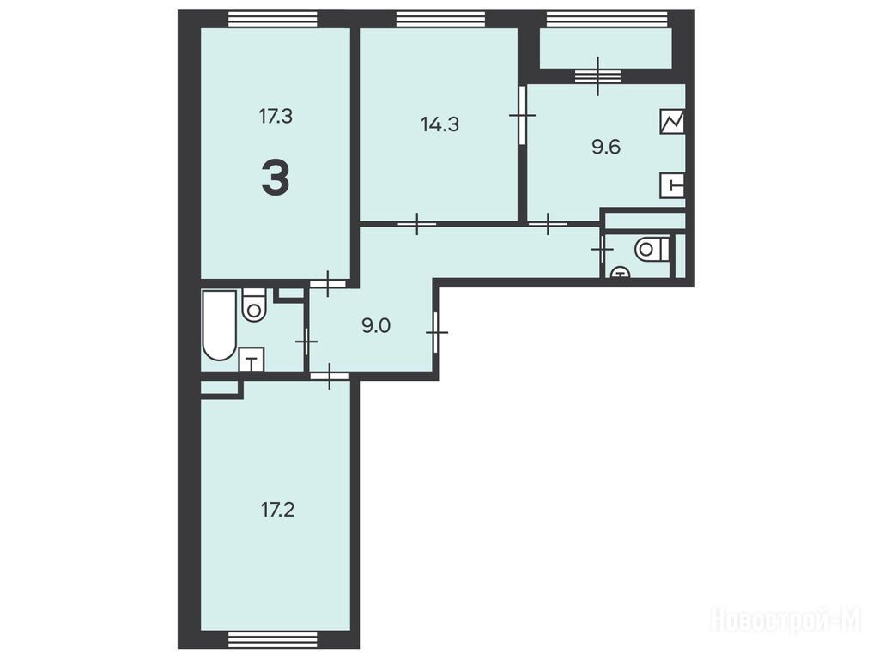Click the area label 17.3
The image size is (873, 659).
click(276, 117)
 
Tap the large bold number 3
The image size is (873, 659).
click(276, 177)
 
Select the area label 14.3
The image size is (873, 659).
click(440, 124)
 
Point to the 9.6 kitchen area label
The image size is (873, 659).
click(606, 148)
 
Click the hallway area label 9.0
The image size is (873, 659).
click(376, 325)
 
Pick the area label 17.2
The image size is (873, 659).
click(277, 510)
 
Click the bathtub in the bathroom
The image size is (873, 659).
click(220, 324)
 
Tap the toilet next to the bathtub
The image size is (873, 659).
click(254, 305)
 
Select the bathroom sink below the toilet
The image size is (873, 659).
click(252, 360)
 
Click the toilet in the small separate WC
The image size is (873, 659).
click(651, 249)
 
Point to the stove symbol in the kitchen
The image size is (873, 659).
click(672, 121)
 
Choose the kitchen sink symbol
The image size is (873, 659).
click(673, 185)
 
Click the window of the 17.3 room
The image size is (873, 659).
click(273, 19)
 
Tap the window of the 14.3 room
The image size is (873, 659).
click(440, 19)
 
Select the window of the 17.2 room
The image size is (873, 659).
click(273, 639)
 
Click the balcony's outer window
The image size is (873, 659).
click(606, 19)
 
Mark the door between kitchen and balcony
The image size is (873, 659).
click(598, 76)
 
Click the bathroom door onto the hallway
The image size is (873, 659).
click(306, 342)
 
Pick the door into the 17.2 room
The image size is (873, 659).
click(330, 376)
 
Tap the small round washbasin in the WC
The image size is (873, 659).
click(621, 272)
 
